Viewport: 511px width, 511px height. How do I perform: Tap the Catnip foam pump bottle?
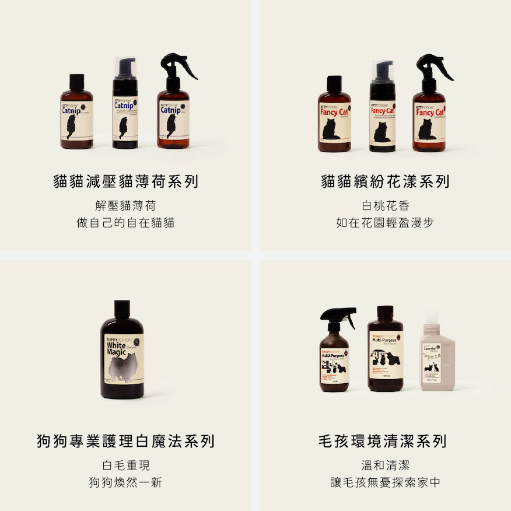125,114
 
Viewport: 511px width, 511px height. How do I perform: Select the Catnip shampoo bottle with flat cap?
77,117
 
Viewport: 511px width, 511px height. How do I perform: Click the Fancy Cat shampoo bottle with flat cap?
334,120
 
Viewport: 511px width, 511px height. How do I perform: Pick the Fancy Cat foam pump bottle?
383,117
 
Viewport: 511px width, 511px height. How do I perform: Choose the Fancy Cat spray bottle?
429,117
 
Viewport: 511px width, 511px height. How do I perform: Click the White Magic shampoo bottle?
121,356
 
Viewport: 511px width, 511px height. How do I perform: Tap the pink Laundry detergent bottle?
437,362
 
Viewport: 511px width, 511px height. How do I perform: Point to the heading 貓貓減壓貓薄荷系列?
125,181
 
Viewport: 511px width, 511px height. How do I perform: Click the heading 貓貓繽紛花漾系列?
385,181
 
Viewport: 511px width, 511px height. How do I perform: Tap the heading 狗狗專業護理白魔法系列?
125,441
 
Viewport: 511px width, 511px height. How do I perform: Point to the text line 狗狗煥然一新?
125,482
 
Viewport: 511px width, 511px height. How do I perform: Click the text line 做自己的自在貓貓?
125,223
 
